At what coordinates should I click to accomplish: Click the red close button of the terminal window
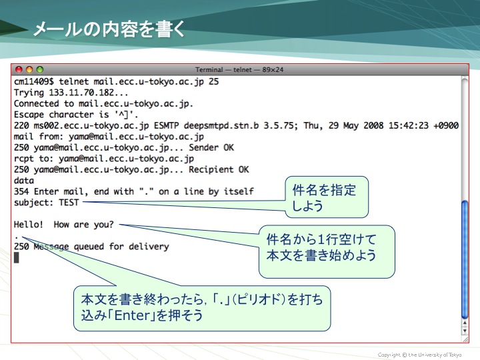pos(19,69)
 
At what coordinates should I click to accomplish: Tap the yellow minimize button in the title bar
pos(29,69)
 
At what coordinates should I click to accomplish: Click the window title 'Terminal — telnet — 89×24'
pos(239,70)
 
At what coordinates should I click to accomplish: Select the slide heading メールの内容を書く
pos(109,29)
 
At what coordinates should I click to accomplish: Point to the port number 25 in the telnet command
pos(214,81)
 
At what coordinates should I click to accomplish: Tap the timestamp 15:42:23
pos(409,125)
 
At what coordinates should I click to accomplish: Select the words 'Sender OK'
pos(211,147)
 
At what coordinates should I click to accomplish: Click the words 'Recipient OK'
pos(219,169)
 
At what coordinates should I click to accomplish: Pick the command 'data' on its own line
pos(24,181)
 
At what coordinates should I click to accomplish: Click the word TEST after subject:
pos(69,203)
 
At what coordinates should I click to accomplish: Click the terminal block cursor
pos(17,258)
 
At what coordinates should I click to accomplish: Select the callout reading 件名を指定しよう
pos(327,197)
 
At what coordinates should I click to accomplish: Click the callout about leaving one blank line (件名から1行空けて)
pos(327,251)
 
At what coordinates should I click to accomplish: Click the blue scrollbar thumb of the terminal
pos(465,259)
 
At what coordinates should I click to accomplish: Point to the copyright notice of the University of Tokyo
pos(419,355)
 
